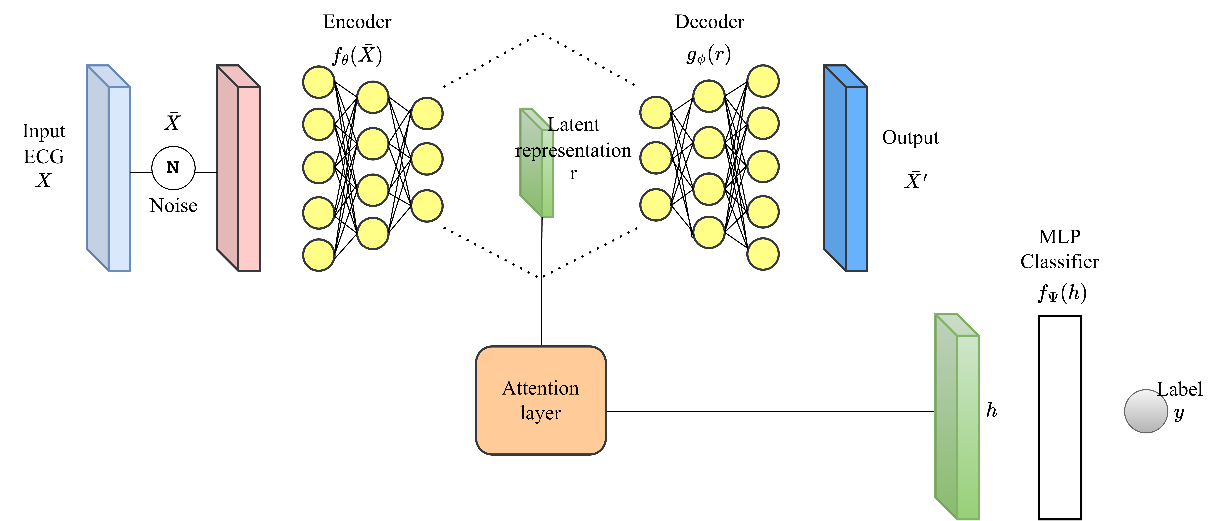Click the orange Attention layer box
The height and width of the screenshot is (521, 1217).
point(540,401)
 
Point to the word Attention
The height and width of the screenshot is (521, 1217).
point(540,388)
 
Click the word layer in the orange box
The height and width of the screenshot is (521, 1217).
point(540,413)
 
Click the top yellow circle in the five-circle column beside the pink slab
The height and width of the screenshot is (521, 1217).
point(319,82)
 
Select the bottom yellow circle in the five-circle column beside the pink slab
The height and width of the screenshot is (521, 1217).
point(319,255)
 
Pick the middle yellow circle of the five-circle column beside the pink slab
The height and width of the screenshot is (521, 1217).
point(319,168)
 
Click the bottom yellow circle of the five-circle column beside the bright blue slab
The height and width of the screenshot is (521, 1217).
point(763,254)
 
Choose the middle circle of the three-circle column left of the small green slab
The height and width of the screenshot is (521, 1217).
point(427,159)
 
